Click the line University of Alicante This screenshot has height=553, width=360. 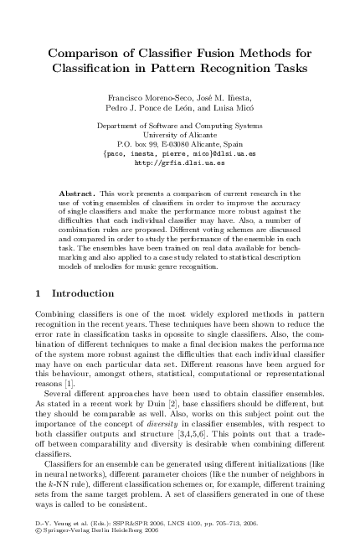point(179,134)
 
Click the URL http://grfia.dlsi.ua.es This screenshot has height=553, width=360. point(179,163)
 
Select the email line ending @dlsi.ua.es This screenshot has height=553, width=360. point(179,154)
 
